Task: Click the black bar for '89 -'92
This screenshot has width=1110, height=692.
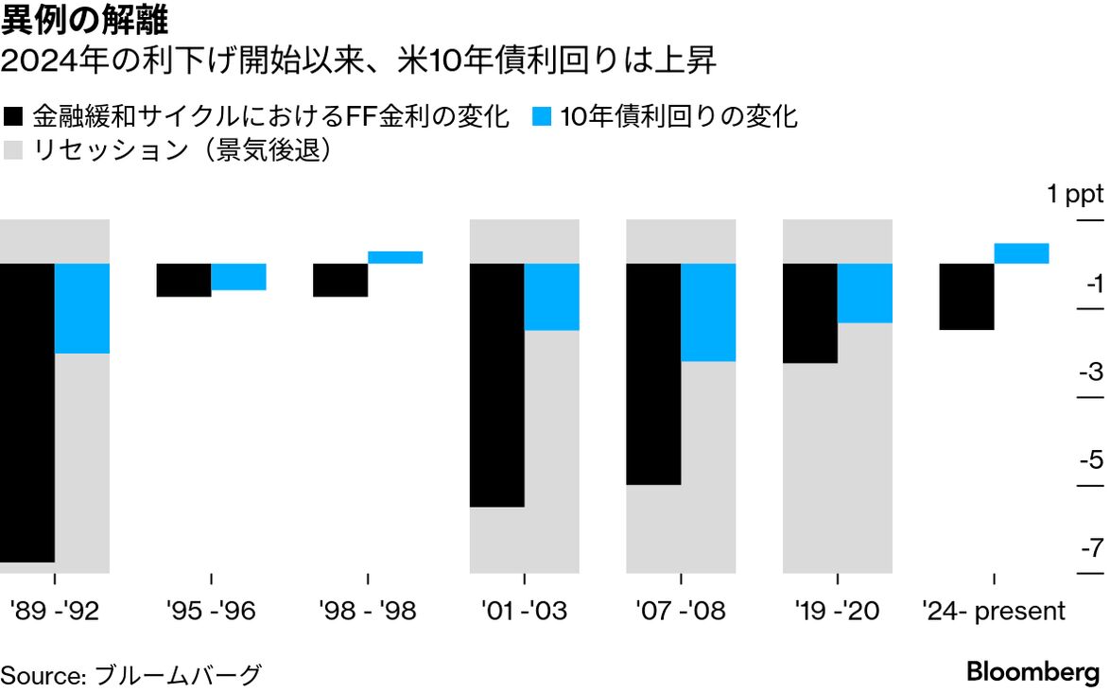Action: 26,412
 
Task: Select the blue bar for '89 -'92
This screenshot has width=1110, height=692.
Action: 82,308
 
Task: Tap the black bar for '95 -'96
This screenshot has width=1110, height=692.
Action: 183,280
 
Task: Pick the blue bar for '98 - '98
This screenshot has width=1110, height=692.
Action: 395,257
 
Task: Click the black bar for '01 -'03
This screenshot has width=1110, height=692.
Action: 496,385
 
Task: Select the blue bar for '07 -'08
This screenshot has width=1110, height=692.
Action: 708,312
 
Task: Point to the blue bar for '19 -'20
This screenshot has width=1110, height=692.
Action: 865,293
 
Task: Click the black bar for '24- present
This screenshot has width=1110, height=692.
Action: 966,297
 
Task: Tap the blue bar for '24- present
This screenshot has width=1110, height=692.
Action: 1022,253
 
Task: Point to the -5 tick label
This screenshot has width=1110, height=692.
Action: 1090,460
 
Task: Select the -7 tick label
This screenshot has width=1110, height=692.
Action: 1090,548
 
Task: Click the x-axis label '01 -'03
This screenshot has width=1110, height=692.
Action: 524,611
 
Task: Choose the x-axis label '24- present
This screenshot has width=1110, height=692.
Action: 994,611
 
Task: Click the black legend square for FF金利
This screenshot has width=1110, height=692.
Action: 14,117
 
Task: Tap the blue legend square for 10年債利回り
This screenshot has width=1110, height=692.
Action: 542,117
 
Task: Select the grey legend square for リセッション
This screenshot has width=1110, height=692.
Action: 14,150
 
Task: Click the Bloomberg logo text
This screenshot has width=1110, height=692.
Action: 1033,672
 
